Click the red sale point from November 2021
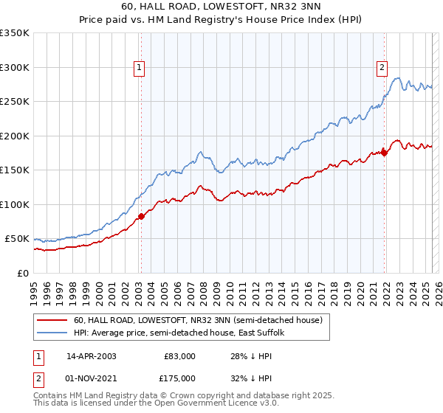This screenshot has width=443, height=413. [384, 153]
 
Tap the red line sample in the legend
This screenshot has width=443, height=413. [52, 321]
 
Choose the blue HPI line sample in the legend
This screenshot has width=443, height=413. [52, 333]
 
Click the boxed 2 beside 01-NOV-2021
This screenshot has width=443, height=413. [37, 378]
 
